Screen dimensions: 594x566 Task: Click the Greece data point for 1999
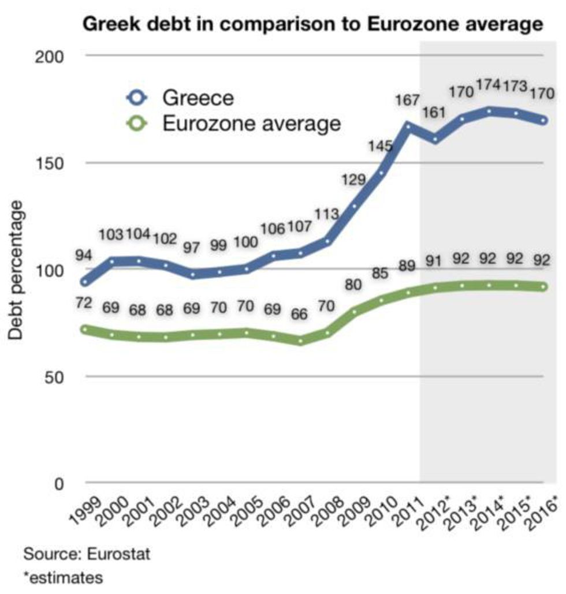click(85, 282)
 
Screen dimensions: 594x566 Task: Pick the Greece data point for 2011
click(409, 125)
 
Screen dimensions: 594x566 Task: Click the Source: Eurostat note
click(87, 555)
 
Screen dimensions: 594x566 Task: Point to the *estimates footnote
click(55, 577)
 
